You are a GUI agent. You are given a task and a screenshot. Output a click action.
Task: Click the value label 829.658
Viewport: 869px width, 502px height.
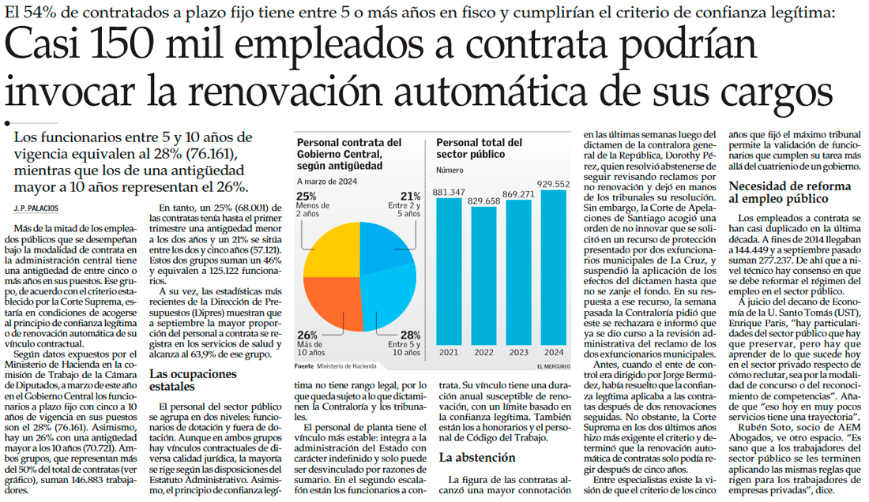click(x=483, y=201)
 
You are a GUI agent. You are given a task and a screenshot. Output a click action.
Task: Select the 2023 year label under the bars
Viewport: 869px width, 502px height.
click(x=517, y=353)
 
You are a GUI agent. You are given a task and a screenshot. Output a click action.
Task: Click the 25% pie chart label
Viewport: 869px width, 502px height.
click(x=306, y=197)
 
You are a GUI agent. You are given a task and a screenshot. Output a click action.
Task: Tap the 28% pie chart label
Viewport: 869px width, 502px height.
click(x=410, y=335)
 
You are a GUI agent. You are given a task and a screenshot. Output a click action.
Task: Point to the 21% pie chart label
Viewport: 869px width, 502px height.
click(x=410, y=197)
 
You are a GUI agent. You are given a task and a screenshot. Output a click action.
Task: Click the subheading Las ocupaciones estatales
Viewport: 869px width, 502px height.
click(x=183, y=380)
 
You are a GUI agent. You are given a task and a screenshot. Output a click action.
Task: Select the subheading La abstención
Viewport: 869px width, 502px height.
click(x=477, y=457)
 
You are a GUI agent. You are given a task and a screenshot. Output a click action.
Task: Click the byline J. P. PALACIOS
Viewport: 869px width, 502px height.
click(x=36, y=208)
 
